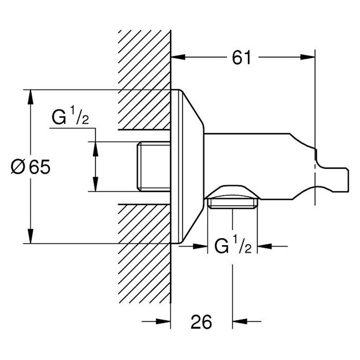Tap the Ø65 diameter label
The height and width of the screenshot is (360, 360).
31,167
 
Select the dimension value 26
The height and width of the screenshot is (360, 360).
201,322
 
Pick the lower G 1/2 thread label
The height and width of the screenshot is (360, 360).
233,245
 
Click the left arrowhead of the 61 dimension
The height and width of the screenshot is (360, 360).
178,57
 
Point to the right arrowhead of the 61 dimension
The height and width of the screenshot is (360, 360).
308,57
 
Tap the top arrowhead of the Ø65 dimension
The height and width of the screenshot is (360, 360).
31,97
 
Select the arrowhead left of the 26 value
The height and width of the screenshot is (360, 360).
163,321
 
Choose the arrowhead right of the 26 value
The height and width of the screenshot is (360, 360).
240,321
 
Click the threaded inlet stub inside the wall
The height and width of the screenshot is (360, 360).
153,166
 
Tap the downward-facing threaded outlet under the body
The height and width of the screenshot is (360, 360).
233,203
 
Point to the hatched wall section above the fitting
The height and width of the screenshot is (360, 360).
144,80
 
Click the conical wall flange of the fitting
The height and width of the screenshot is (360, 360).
187,166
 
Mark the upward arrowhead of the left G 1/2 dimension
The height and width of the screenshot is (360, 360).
95,149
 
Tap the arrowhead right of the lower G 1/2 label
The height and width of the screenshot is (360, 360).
265,247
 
